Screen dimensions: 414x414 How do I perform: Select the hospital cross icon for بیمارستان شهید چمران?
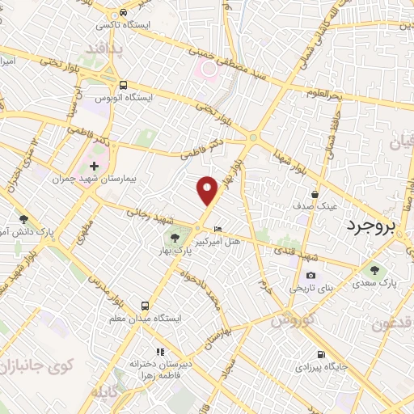94,166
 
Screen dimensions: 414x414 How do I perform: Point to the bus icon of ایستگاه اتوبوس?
123,85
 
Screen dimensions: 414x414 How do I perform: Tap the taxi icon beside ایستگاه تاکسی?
123,13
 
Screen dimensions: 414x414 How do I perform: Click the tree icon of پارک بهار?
175,237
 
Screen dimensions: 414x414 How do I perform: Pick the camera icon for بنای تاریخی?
311,275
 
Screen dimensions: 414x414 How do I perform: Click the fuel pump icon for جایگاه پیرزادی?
322,354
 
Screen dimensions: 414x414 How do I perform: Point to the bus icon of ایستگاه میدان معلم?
145,306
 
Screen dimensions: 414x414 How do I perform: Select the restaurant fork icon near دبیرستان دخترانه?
160,352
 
